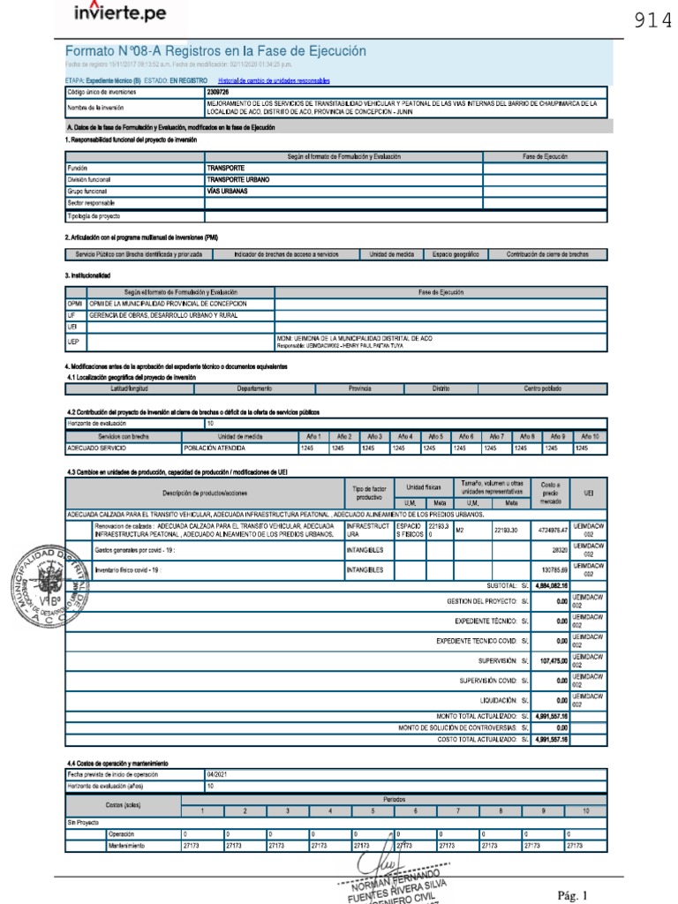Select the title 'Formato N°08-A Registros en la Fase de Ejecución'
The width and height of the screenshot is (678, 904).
click(215, 52)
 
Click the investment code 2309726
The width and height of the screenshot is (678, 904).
click(217, 90)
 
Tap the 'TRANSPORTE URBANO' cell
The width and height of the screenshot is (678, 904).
click(239, 178)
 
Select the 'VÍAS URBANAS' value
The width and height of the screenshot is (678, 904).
click(227, 190)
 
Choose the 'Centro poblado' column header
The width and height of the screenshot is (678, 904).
click(545, 388)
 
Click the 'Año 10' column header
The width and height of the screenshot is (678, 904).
click(590, 436)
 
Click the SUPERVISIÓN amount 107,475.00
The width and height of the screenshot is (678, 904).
click(552, 659)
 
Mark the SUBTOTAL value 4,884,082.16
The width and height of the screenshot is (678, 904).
click(552, 584)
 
